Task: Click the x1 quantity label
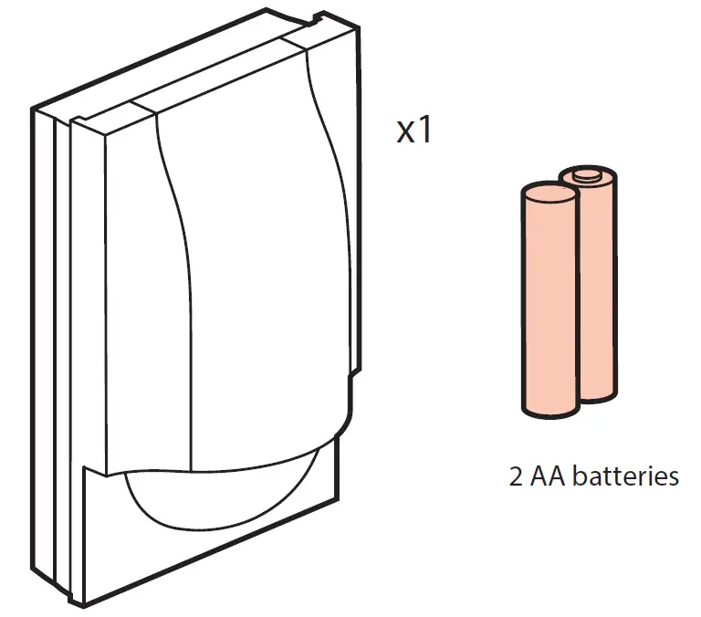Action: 413,131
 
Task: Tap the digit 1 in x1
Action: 423,131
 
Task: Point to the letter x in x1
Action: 405,134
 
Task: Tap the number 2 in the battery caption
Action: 517,476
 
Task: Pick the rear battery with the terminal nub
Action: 595,283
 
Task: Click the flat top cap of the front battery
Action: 547,193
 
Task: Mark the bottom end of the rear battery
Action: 597,395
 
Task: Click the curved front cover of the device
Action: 246,274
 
